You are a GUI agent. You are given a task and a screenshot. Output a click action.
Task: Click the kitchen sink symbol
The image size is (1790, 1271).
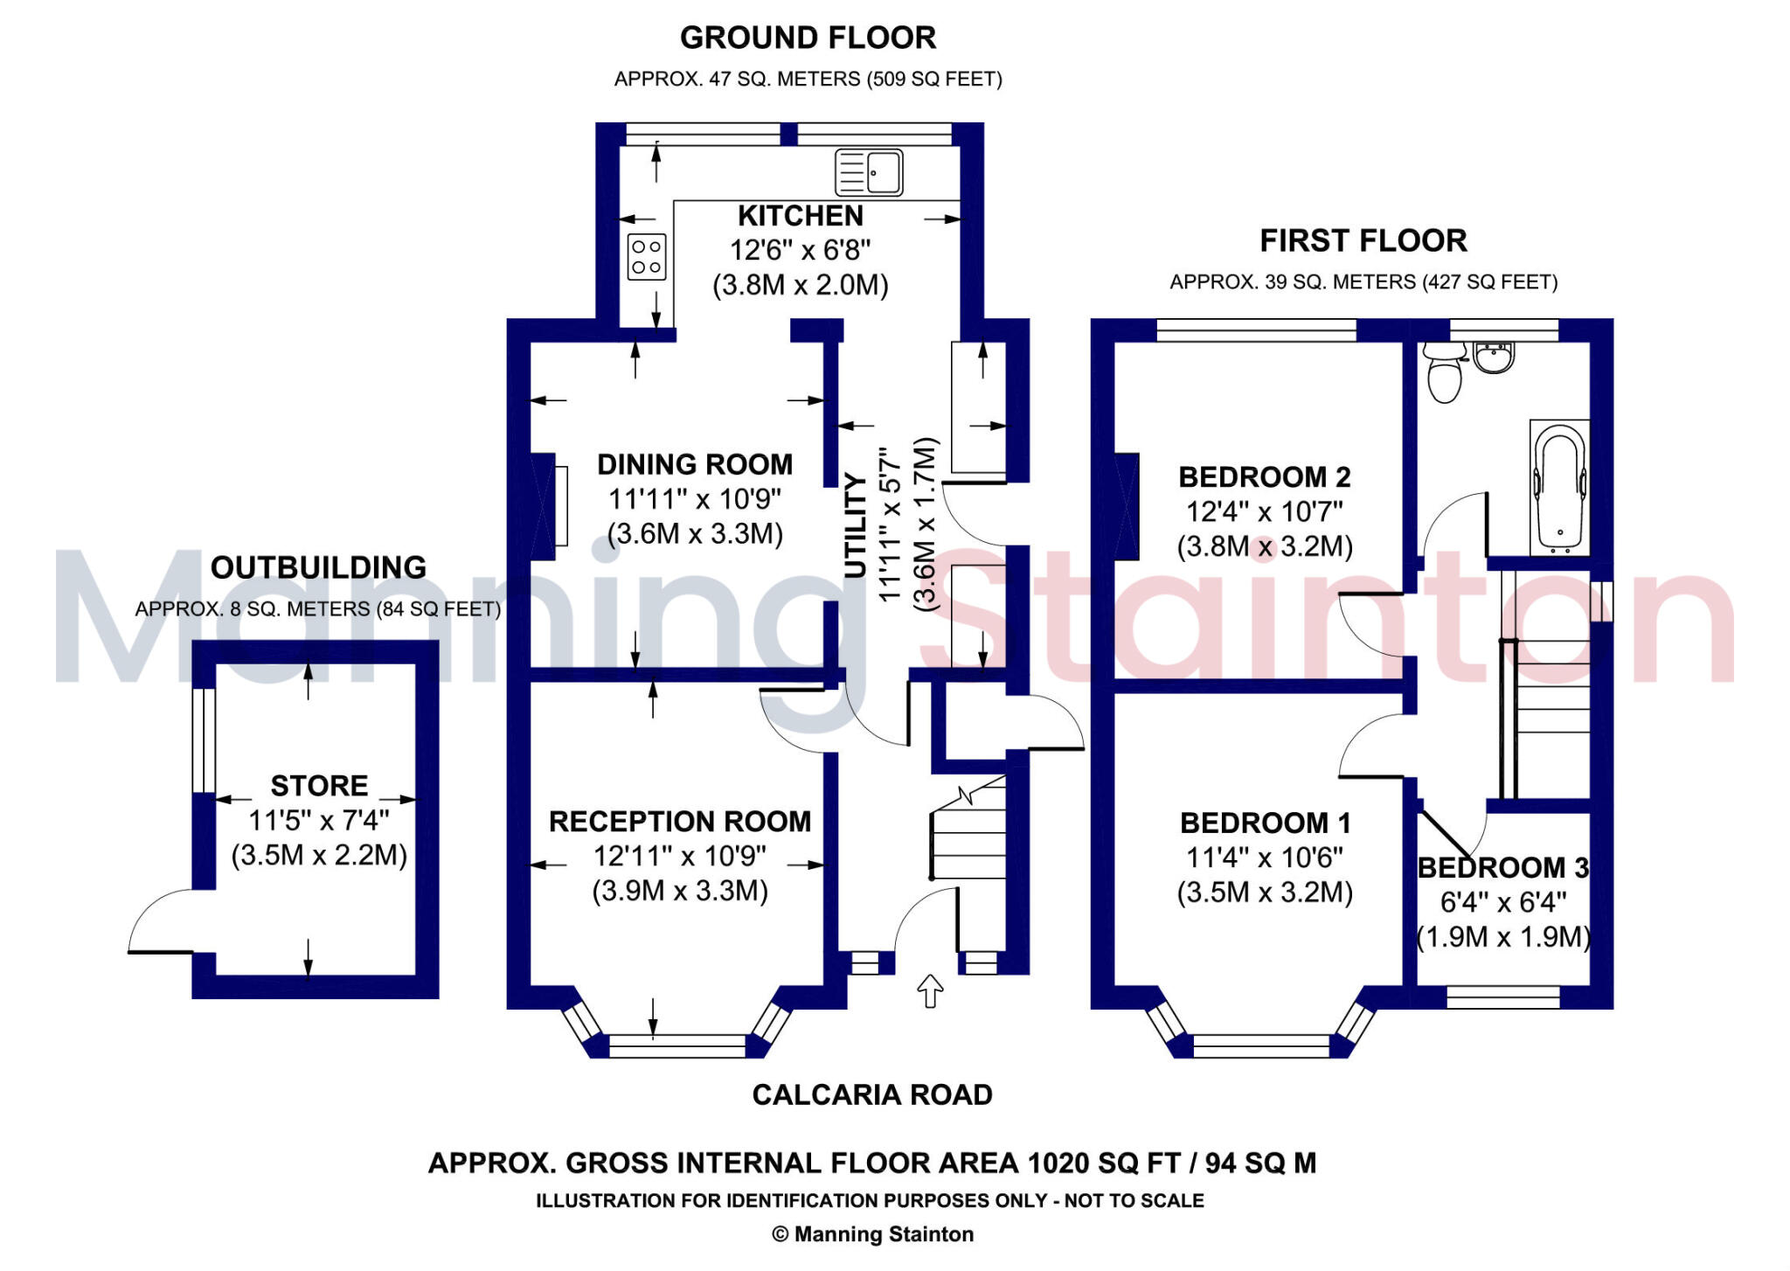pyautogui.click(x=868, y=171)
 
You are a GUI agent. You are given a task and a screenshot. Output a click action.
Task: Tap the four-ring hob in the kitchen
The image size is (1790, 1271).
pyautogui.click(x=647, y=257)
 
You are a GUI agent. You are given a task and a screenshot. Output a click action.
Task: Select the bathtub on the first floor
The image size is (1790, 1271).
pyautogui.click(x=1559, y=486)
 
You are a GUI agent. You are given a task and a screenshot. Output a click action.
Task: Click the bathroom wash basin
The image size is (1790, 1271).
pyautogui.click(x=1494, y=357)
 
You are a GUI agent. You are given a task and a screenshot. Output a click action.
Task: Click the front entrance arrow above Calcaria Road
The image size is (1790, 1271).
pyautogui.click(x=930, y=990)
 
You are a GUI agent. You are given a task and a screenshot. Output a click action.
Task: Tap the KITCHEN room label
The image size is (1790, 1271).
pyautogui.click(x=800, y=215)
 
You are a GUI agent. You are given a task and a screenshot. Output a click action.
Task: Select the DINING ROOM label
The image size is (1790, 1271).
pyautogui.click(x=695, y=464)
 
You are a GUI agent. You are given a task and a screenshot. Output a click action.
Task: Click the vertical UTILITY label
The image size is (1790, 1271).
pyautogui.click(x=856, y=525)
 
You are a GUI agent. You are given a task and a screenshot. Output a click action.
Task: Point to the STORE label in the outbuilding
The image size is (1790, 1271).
pyautogui.click(x=319, y=785)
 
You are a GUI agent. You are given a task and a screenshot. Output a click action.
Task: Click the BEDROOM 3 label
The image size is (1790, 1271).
pyautogui.click(x=1502, y=867)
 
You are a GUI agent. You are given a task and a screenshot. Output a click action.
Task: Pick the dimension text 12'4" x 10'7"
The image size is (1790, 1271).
pyautogui.click(x=1264, y=511)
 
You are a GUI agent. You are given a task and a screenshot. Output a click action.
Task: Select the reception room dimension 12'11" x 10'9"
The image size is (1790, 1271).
pyautogui.click(x=679, y=856)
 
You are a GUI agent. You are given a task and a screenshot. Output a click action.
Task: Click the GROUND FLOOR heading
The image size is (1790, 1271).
pyautogui.click(x=808, y=38)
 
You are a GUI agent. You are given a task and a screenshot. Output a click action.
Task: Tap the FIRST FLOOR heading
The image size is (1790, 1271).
pyautogui.click(x=1363, y=240)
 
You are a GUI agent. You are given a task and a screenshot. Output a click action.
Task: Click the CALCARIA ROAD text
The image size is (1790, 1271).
pyautogui.click(x=871, y=1094)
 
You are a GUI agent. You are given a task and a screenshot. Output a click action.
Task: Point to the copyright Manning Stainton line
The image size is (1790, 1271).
pyautogui.click(x=872, y=1234)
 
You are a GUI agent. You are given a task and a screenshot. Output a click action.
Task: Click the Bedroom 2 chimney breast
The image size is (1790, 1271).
pyautogui.click(x=1127, y=506)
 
